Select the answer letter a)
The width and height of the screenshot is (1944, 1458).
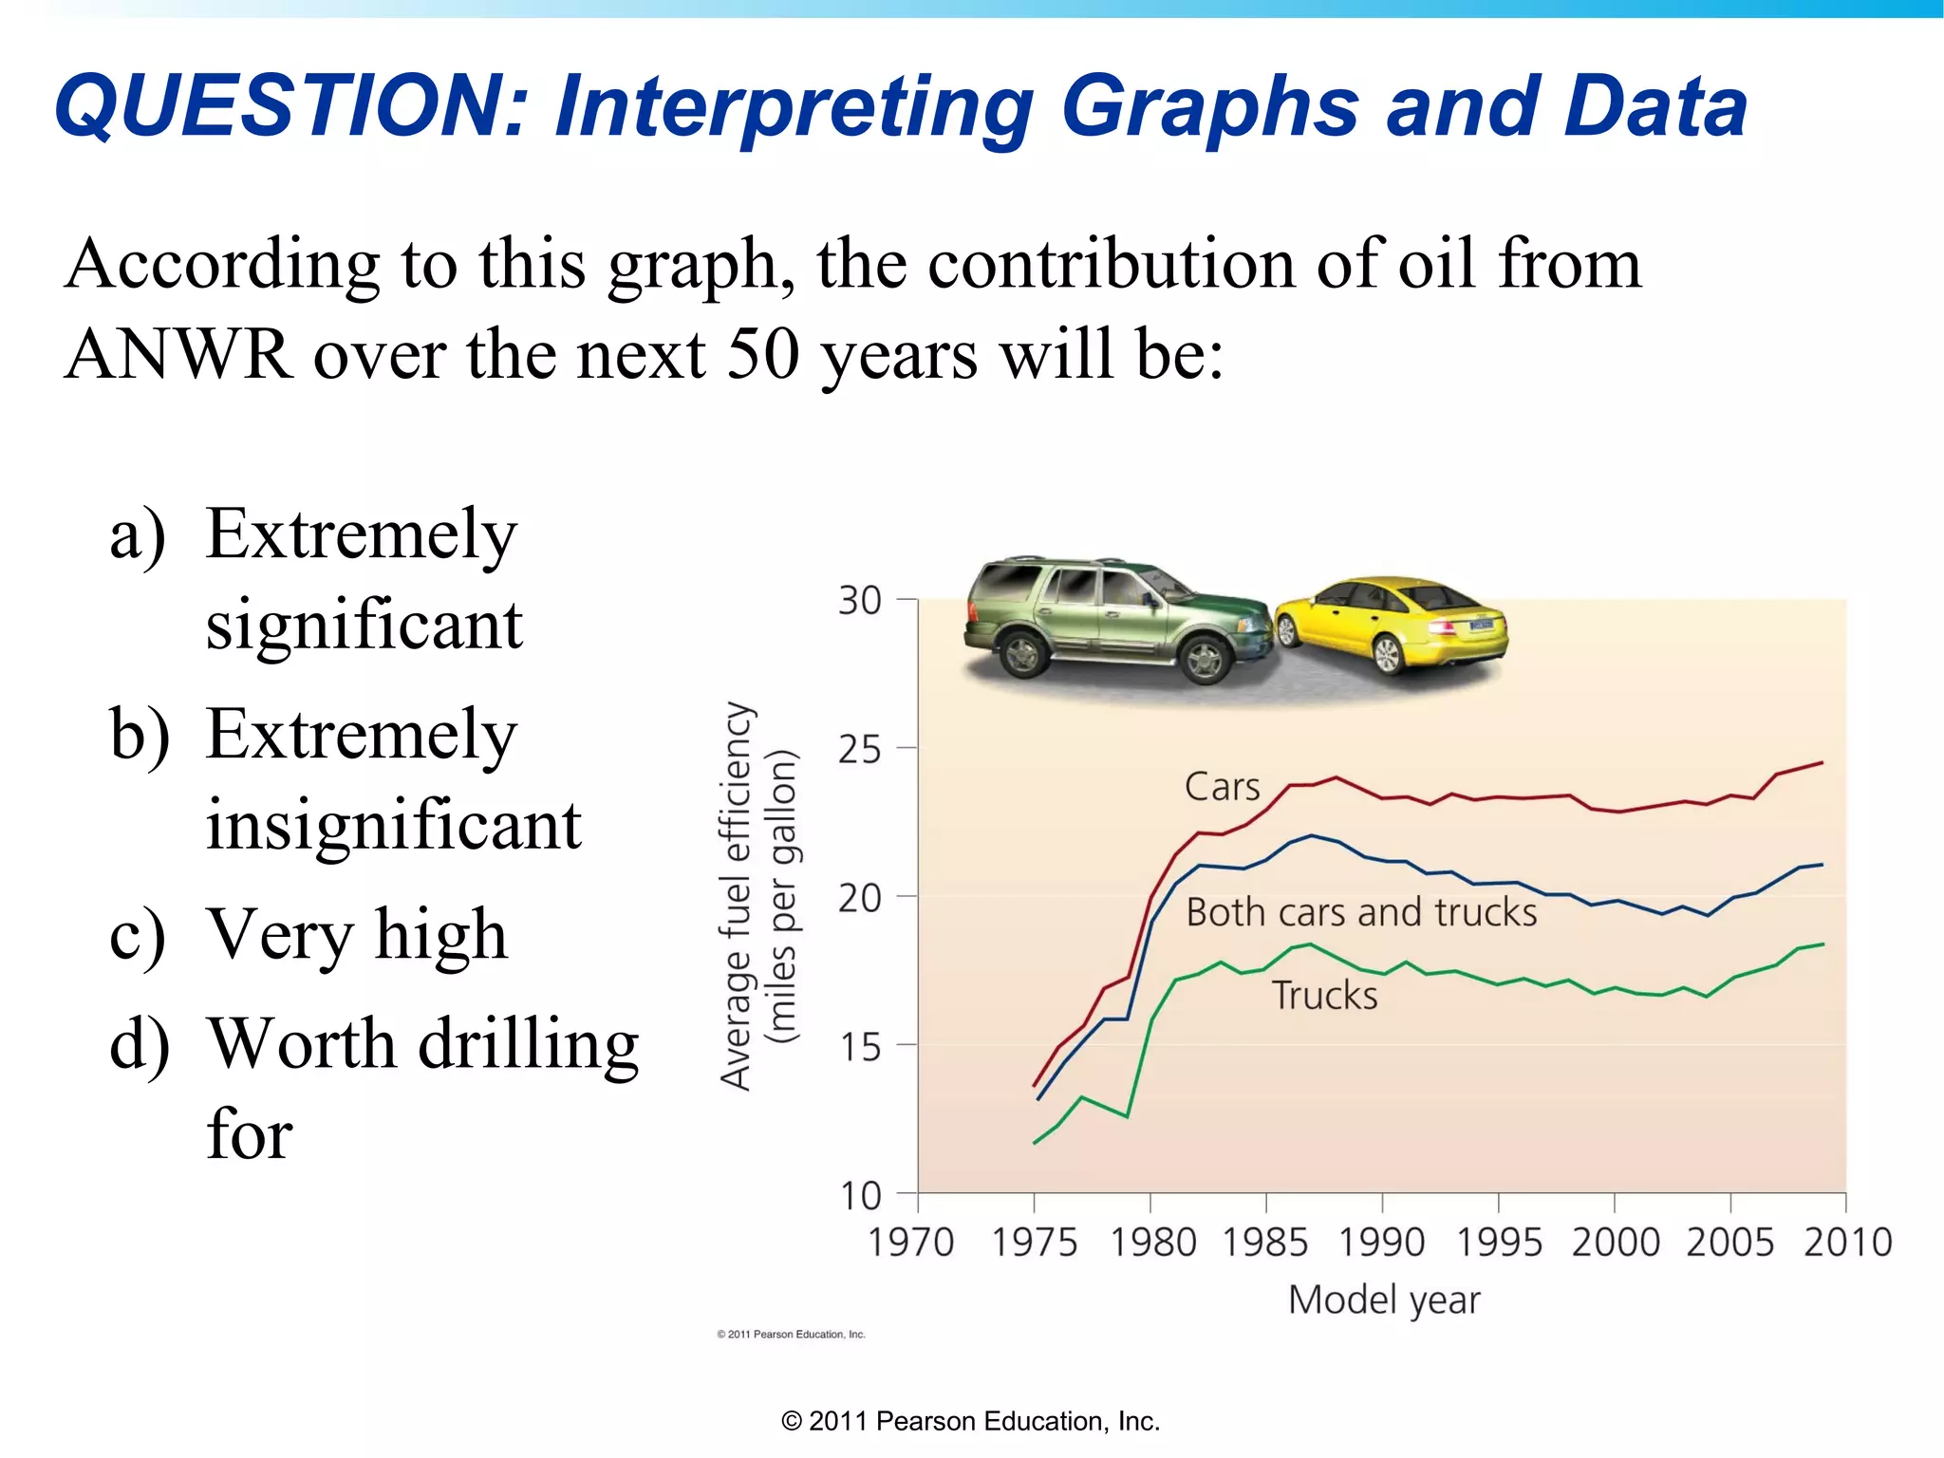(138, 534)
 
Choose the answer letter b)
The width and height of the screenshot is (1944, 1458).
(140, 735)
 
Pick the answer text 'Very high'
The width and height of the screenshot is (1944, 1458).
(357, 935)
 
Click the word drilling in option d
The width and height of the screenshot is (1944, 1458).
(529, 1044)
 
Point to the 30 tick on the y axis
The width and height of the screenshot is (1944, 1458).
(860, 601)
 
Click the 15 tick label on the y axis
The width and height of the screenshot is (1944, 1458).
(860, 1048)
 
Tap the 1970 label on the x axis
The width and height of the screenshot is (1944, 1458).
(910, 1243)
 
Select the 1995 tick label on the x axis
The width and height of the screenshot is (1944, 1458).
(1499, 1243)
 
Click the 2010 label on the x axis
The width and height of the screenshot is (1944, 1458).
(1847, 1243)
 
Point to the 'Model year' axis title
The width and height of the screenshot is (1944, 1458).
(1383, 1299)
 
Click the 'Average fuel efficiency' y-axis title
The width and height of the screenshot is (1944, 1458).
(737, 895)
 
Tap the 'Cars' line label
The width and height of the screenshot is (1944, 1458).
(1222, 787)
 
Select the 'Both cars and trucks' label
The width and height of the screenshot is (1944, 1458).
(1361, 912)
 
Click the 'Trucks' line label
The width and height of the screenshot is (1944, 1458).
(1324, 996)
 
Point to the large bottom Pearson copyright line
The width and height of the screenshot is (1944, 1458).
(970, 1421)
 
